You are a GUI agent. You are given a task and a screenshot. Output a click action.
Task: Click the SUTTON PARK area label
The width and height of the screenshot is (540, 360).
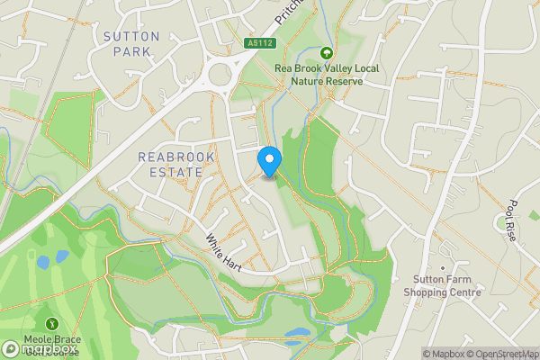pyautogui.click(x=131, y=44)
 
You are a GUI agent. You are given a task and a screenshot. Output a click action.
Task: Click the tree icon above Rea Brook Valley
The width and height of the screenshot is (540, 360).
pyautogui.click(x=326, y=53)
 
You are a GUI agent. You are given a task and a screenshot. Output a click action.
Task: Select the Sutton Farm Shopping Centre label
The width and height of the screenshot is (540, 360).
pyautogui.click(x=442, y=286)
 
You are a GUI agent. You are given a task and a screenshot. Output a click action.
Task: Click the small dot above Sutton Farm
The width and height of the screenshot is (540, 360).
pyautogui.click(x=442, y=267)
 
